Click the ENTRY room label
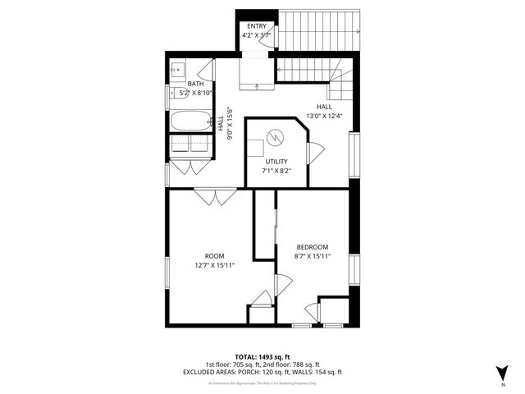click(256, 27)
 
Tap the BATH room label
click(196, 84)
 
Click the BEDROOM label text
click(312, 247)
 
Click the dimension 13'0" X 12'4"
click(324, 116)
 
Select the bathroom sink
click(178, 71)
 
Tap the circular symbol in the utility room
click(276, 137)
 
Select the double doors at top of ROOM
click(216, 198)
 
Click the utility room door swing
click(315, 151)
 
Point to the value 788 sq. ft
click(304, 364)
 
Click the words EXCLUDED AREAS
click(208, 372)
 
